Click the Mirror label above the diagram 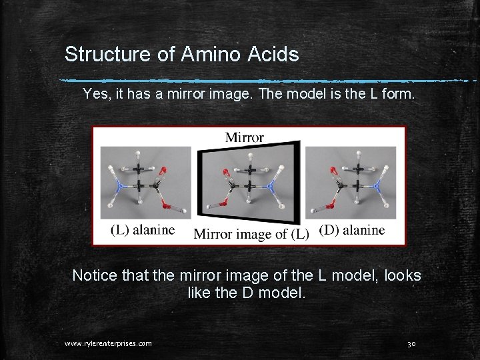244,137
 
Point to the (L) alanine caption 143,230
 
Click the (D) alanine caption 352,230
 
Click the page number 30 411,343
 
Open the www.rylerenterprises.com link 108,343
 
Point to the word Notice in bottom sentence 94,275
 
